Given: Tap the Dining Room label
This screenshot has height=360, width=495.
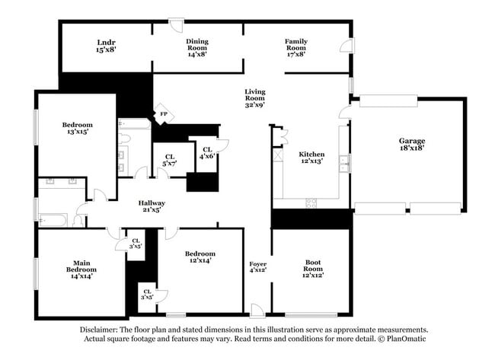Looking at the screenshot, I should (197, 47).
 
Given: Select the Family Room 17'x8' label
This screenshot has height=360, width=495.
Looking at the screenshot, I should (296, 47).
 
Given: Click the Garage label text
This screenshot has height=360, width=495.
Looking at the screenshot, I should (412, 141).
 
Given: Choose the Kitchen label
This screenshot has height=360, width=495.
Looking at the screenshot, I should (311, 157).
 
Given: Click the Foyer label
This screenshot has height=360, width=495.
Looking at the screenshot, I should (257, 266).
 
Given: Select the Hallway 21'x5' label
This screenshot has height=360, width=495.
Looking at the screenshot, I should (152, 207).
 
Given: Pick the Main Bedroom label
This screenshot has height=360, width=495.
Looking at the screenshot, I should (81, 269).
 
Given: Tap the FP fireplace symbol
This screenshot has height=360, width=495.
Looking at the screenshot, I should (163, 114).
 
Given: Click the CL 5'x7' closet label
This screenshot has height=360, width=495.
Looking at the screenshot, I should (169, 160).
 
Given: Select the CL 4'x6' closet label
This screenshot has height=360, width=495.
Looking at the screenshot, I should (206, 152).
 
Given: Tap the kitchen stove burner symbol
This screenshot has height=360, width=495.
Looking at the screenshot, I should (311, 202).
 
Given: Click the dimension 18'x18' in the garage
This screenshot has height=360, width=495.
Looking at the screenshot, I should (412, 148).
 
